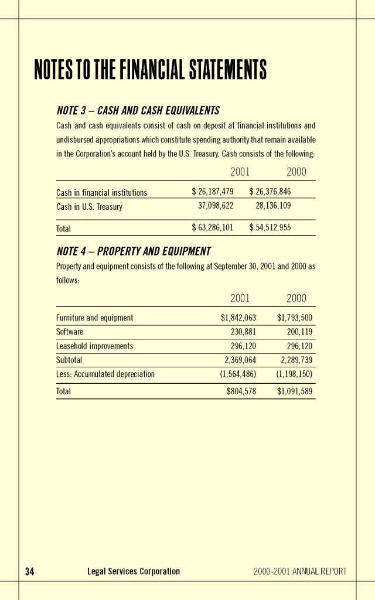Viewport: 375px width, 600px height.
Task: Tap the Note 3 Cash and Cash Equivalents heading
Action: tap(138, 111)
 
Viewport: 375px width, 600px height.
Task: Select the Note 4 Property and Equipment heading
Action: tap(134, 251)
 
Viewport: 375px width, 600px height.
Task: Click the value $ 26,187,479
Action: tap(213, 192)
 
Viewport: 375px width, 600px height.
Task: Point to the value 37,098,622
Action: tap(216, 206)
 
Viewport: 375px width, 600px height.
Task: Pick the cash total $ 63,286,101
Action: tap(213, 228)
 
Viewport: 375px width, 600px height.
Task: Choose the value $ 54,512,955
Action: tap(270, 228)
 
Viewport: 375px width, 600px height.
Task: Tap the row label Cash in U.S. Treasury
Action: tap(89, 207)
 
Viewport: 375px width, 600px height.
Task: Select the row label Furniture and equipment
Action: tap(94, 318)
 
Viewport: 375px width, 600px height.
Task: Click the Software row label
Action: tap(70, 332)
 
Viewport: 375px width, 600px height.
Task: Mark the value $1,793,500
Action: tap(294, 318)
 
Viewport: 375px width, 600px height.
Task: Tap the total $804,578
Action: tap(241, 391)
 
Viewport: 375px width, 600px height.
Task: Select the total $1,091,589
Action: tap(294, 391)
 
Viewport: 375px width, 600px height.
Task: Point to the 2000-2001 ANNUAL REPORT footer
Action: tap(300, 571)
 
